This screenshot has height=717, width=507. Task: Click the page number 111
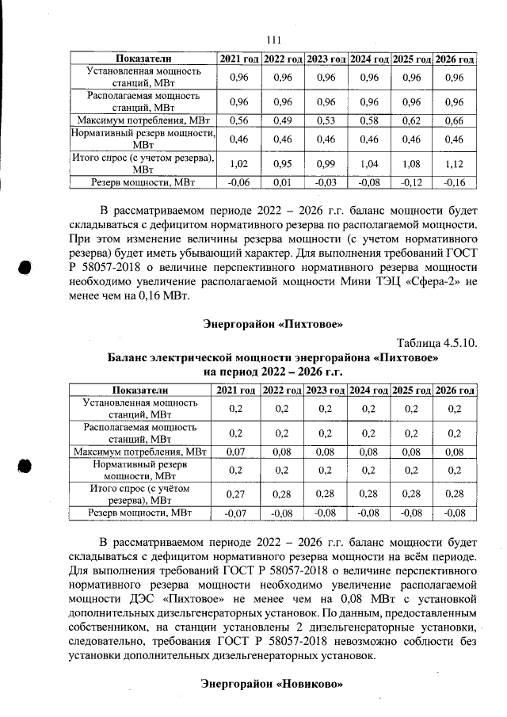pos(274,40)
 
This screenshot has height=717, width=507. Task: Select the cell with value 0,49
pos(282,120)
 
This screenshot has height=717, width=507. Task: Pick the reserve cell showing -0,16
pos(454,182)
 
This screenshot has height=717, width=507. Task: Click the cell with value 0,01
pos(282,182)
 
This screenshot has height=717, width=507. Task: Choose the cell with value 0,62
pos(410,120)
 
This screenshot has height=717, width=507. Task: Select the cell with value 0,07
pos(235,452)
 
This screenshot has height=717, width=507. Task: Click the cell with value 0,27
pos(235,494)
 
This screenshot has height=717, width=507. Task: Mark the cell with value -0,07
pos(235,513)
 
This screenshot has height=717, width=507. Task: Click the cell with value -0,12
pos(410,182)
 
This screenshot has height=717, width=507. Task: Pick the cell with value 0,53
pos(326,120)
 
